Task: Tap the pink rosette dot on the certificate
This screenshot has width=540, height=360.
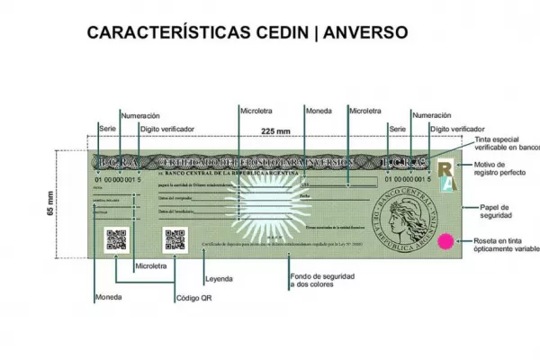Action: pos(443,241)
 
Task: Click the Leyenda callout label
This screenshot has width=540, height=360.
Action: pos(220,277)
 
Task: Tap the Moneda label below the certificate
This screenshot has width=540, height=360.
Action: pos(107,297)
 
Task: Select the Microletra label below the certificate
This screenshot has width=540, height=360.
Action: pos(150,267)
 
